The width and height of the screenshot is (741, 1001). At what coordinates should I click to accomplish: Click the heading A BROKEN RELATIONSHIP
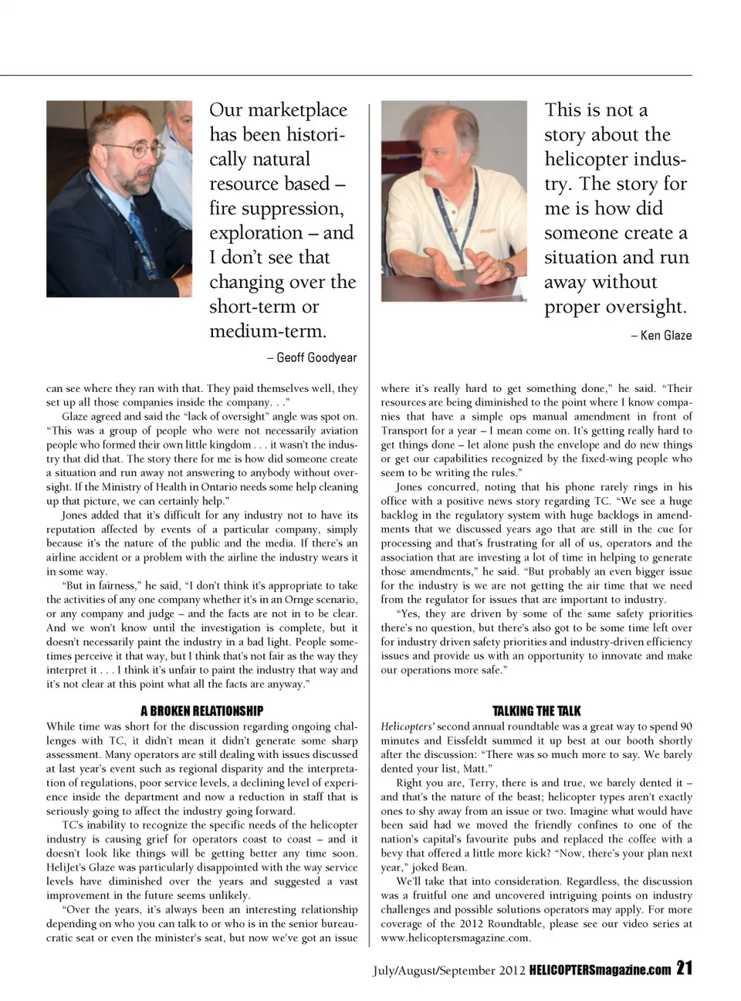201,711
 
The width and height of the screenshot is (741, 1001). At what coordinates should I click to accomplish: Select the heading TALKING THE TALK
536,711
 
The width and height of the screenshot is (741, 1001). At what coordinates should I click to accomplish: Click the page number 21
684,969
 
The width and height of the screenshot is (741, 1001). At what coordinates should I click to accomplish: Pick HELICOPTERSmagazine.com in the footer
600,970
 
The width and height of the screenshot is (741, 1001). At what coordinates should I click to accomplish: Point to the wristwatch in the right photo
509,268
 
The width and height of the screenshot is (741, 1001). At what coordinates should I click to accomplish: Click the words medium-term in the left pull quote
267,332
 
